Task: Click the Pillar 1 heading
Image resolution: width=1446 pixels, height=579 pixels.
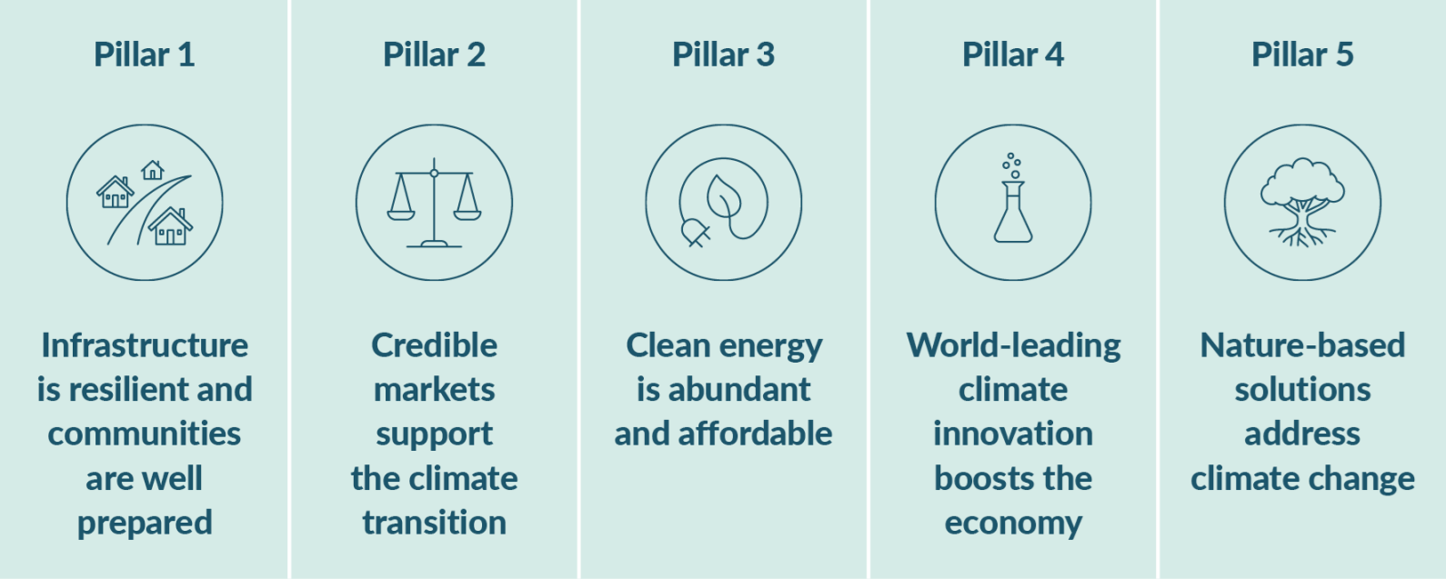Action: [x=144, y=55]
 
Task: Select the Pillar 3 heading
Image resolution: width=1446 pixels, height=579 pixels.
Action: [x=723, y=55]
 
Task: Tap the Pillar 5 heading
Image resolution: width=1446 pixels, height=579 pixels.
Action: [x=1302, y=55]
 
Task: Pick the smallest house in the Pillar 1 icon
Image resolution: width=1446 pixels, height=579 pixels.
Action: [x=153, y=170]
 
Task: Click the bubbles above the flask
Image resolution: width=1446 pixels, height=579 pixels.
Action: [x=1011, y=165]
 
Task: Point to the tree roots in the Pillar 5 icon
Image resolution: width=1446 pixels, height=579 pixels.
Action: [x=1302, y=235]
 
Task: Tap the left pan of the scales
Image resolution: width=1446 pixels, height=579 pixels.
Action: [x=400, y=215]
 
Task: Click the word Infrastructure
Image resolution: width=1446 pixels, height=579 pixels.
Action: [x=145, y=345]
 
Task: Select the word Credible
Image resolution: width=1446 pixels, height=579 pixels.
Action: [x=434, y=345]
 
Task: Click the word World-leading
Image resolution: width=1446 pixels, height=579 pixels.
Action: [x=1013, y=345]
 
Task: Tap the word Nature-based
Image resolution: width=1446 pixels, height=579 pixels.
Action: [x=1302, y=345]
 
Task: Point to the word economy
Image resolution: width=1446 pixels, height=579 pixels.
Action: [x=1013, y=524]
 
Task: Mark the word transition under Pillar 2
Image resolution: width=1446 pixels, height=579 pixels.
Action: [x=434, y=523]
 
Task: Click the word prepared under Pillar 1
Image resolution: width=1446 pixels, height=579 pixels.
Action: [x=145, y=524]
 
